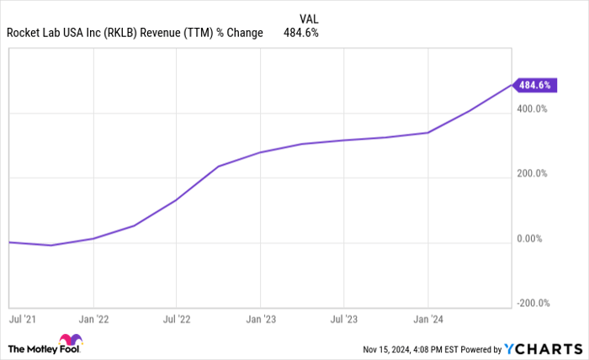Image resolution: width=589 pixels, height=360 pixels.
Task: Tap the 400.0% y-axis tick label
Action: [532, 109]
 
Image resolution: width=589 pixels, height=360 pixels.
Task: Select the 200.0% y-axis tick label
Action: [532, 174]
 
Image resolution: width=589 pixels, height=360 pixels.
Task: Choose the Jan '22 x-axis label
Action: [93, 320]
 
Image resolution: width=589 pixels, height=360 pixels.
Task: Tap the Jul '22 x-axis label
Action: [176, 320]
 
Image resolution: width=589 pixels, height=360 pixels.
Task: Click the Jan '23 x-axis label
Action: [260, 320]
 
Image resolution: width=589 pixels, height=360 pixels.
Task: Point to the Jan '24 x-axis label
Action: [428, 320]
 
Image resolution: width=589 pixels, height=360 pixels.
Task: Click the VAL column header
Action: [309, 18]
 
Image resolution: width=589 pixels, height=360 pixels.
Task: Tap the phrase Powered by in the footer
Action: [482, 348]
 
